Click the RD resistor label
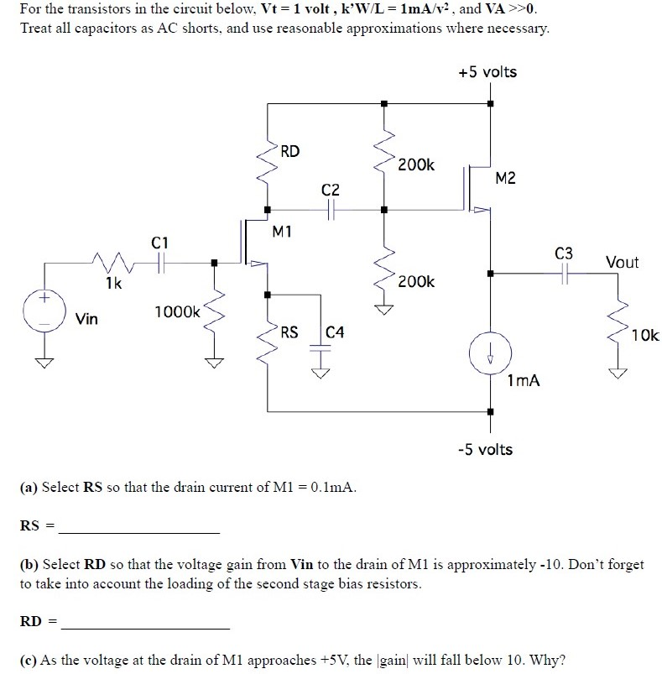[289, 152]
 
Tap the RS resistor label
[289, 332]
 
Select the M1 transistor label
[282, 231]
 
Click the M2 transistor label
[506, 178]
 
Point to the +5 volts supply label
[487, 72]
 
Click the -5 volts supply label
[486, 449]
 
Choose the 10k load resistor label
[645, 336]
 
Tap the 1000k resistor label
[177, 312]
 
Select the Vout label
[622, 263]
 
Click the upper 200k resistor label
[416, 165]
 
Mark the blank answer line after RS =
[139, 532]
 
